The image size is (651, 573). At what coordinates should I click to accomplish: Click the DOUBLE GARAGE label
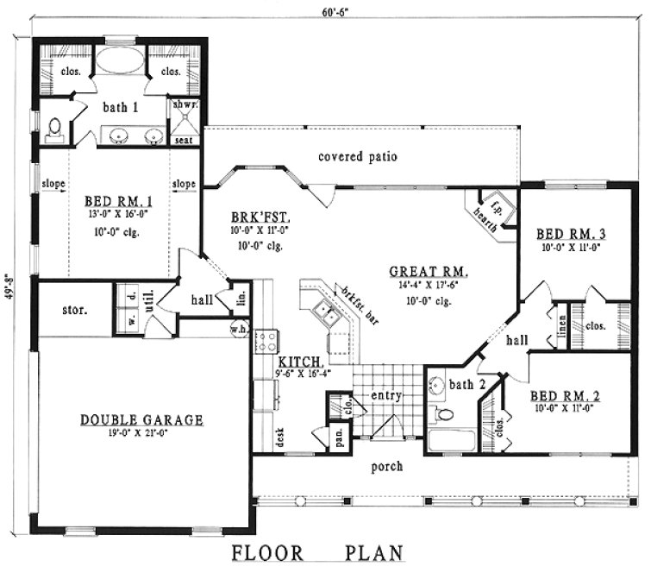click(142, 420)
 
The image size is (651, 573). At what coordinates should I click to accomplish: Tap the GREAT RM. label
click(434, 270)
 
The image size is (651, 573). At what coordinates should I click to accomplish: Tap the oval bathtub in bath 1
click(121, 63)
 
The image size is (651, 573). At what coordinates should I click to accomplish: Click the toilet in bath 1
click(53, 128)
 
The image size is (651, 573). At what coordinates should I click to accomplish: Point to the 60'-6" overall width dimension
click(325, 11)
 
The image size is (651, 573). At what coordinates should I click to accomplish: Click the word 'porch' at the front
click(386, 467)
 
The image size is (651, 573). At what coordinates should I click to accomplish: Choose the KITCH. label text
click(300, 361)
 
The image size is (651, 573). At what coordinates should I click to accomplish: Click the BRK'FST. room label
click(253, 217)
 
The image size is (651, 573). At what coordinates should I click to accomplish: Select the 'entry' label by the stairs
click(387, 396)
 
